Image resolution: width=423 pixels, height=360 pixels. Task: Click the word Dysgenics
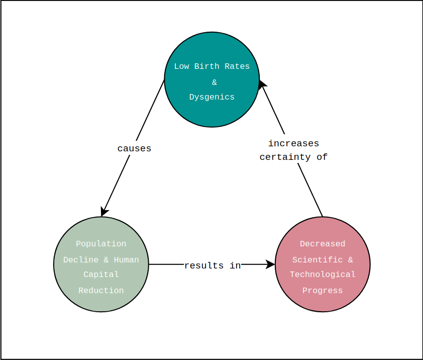212,97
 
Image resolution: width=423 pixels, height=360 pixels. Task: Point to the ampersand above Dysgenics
215,82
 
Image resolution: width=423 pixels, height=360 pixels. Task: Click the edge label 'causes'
134,148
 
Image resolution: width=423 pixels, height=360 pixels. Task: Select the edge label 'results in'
212,265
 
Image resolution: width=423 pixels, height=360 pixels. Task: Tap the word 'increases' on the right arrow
293,143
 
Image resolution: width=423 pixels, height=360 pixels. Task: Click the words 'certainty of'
293,157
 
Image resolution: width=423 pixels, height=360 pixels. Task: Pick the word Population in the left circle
101,244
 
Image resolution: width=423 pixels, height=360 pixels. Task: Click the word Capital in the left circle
101,275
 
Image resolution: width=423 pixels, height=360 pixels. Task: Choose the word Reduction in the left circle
101,291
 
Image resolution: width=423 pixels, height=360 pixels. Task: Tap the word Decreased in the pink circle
323,244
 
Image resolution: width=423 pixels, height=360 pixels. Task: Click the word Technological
323,275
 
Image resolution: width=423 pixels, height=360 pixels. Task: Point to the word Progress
323,291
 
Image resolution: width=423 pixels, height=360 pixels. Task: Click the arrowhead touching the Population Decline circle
104,212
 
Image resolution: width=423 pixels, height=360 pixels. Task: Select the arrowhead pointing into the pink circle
271,264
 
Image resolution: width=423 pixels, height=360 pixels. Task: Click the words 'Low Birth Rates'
212,66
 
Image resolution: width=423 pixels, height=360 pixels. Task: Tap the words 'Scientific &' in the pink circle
323,260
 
